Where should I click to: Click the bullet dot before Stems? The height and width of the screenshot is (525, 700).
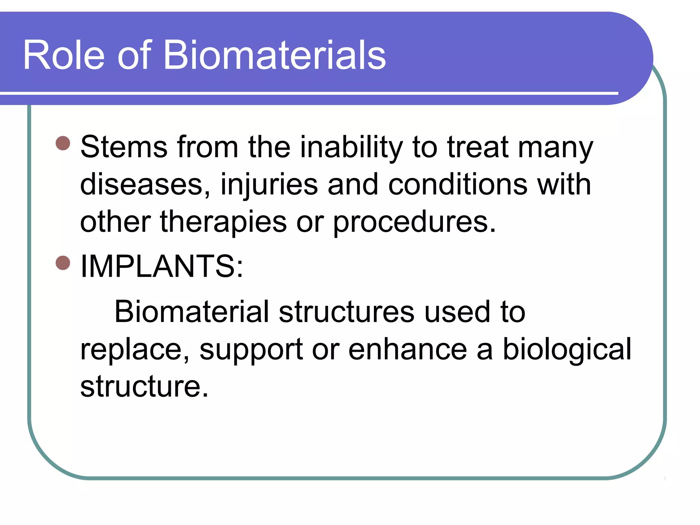63,143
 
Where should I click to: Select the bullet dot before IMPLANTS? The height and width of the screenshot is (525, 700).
63,263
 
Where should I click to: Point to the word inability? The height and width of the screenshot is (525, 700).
352,148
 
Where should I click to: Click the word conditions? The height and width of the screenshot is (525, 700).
458,185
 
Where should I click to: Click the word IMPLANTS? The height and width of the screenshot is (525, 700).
161,267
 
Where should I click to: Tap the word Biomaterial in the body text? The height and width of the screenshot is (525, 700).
192,311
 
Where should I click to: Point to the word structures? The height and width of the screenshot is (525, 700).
347,312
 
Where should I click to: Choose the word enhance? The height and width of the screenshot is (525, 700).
407,349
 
